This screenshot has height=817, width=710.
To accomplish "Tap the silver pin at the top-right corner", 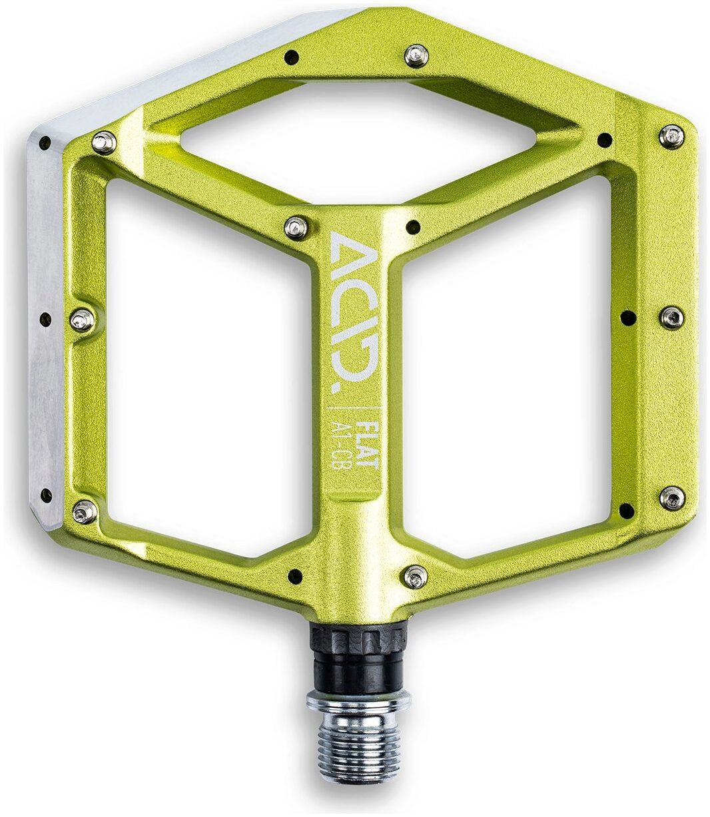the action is pos(671,137).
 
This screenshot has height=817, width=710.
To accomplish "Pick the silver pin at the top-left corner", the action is pos(104,143).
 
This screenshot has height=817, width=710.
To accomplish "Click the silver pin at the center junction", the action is pos(296,227).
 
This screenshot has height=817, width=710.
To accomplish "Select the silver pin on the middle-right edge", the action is pos(671,317).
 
